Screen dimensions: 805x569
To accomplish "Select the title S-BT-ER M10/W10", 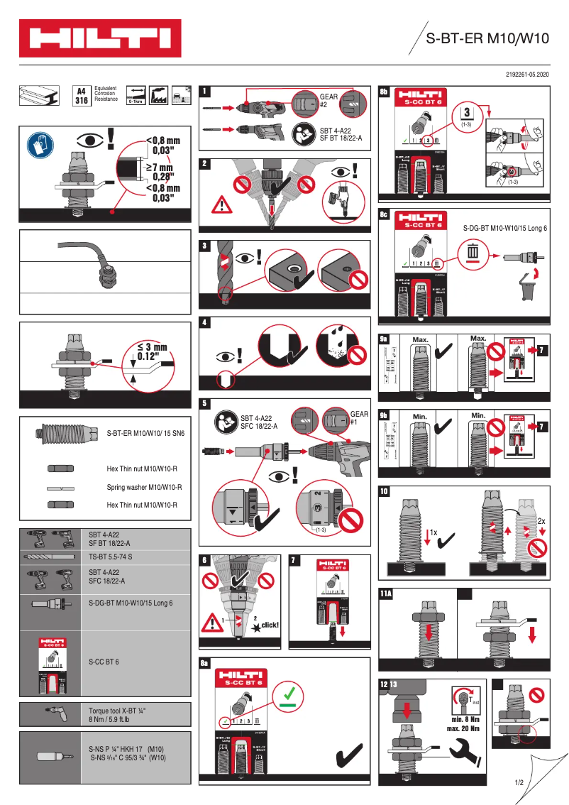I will point(487,40).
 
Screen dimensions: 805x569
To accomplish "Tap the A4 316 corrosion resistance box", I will point(82,96).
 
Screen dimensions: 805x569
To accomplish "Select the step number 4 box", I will point(205,322).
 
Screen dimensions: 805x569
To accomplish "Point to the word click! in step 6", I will point(270,625).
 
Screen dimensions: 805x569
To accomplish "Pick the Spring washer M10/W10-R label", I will point(144,488).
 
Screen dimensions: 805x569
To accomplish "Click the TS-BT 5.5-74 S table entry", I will point(110,557).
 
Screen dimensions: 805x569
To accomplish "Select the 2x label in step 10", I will point(541,520).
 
